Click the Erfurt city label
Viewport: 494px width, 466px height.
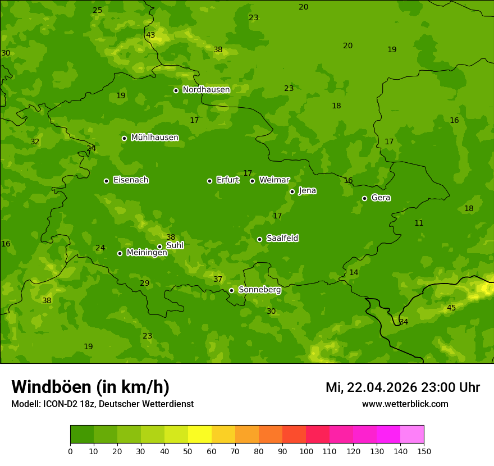pos(227,180)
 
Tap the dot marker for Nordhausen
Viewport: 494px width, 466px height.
pos(176,90)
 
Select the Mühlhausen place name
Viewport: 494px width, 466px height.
pos(154,138)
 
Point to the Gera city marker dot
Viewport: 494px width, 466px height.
pos(364,198)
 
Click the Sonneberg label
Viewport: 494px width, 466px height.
pos(259,290)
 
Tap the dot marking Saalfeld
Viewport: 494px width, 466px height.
pos(259,239)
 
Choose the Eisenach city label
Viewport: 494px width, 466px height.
pos(131,180)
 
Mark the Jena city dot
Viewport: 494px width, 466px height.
pos(292,191)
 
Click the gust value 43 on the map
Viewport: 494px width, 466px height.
pos(150,35)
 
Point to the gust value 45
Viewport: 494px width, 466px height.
pos(451,308)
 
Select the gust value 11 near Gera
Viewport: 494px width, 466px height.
pos(419,223)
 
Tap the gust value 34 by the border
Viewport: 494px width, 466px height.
pos(404,322)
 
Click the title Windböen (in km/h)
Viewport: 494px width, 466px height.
pos(90,387)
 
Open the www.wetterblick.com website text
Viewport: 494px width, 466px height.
pos(405,404)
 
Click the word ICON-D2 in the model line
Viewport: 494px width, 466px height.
pos(61,404)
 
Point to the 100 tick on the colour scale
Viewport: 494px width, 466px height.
pos(306,451)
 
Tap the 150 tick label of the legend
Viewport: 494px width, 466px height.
pos(424,451)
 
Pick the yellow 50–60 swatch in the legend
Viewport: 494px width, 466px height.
pos(200,435)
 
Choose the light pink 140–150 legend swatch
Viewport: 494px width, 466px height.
pos(412,435)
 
